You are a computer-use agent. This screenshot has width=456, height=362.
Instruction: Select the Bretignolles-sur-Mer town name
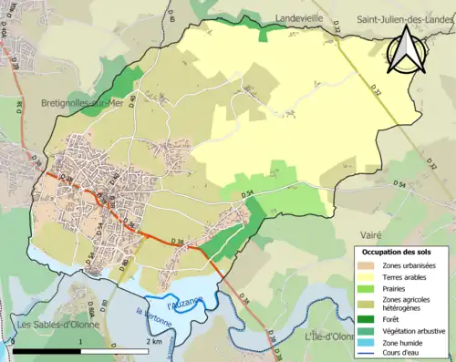81,103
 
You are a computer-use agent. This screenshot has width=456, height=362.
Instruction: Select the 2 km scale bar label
153,341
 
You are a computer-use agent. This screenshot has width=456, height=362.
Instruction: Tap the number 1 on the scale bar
81,341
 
